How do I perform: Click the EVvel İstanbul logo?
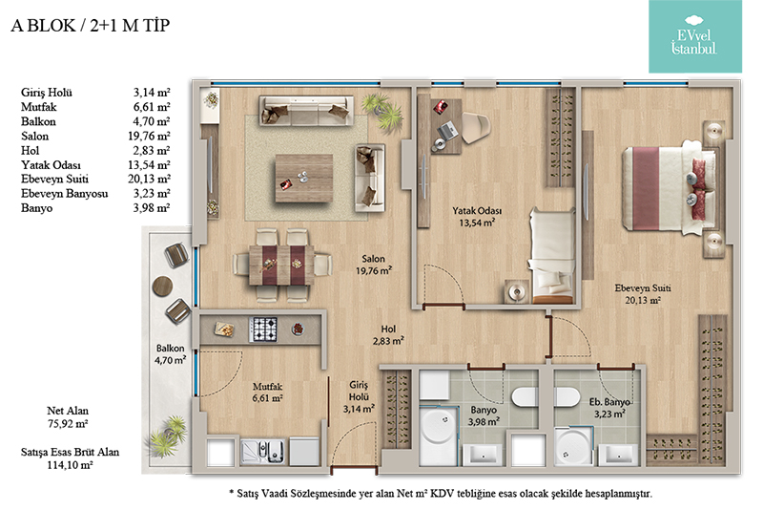tap(695, 36)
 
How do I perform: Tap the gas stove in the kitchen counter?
tap(263, 329)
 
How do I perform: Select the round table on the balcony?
tap(162, 287)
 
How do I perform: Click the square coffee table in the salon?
tap(304, 178)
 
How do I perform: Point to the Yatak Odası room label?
tap(477, 217)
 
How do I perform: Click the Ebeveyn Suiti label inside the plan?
tap(643, 294)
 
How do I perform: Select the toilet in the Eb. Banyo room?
tap(567, 396)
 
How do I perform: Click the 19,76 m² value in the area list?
tap(149, 136)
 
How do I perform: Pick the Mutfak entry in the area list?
tap(39, 107)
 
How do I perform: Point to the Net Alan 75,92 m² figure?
tap(68, 417)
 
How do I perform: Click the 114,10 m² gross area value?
tap(70, 465)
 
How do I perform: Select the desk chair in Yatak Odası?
tap(475, 128)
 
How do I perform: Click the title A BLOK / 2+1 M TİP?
tap(91, 26)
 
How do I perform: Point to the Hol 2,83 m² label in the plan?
tap(388, 335)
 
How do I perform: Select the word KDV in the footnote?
tap(442, 494)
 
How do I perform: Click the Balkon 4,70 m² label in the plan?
tap(171, 354)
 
